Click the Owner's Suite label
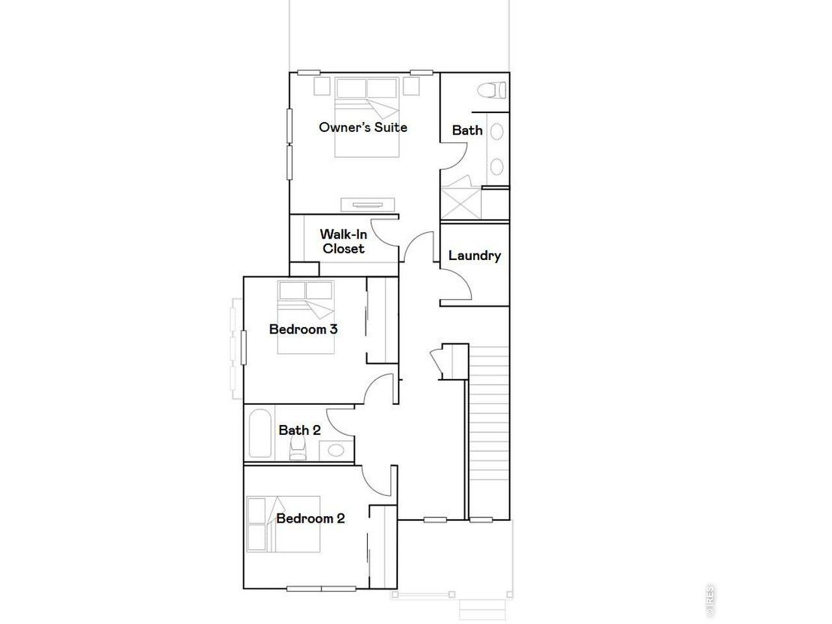click(363, 127)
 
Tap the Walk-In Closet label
click(343, 241)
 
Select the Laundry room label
click(474, 255)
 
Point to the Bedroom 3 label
click(303, 329)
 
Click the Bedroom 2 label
click(310, 518)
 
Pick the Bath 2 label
click(299, 430)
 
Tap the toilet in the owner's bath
click(493, 90)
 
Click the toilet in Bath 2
click(298, 447)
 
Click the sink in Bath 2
click(336, 450)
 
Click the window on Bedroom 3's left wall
click(244, 347)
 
